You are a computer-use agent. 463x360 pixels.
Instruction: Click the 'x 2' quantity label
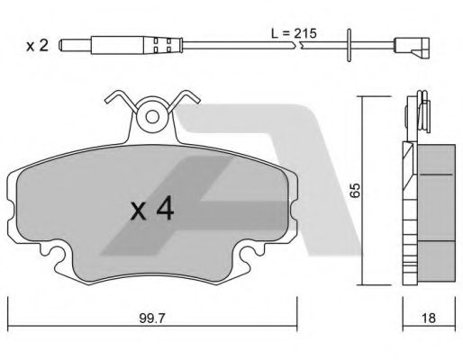pyautogui.click(x=37, y=46)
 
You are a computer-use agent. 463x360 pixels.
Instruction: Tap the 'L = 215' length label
pyautogui.click(x=294, y=33)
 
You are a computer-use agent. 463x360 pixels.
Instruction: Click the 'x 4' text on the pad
pyautogui.click(x=152, y=208)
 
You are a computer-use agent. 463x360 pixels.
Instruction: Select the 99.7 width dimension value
pyautogui.click(x=152, y=319)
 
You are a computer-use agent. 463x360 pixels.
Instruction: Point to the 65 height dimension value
pyautogui.click(x=355, y=190)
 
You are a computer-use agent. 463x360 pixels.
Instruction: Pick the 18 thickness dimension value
pyautogui.click(x=428, y=318)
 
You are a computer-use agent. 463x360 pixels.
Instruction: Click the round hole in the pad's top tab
pyautogui.click(x=152, y=117)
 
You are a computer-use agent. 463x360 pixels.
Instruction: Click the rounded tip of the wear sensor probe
pyautogui.click(x=61, y=45)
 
